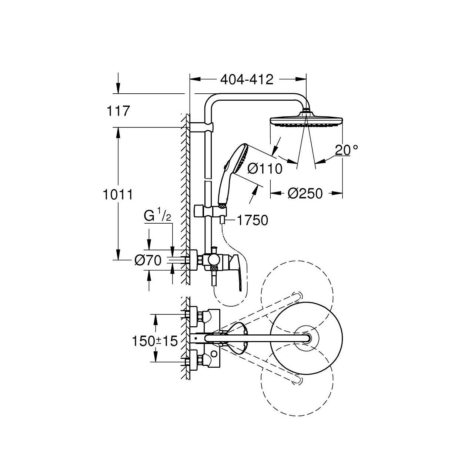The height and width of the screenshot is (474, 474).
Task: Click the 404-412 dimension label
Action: pyautogui.click(x=247, y=80)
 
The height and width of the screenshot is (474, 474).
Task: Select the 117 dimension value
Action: pyautogui.click(x=118, y=111)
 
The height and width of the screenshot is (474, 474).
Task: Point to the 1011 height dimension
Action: pyautogui.click(x=118, y=195)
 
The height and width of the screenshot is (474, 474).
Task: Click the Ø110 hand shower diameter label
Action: pyautogui.click(x=265, y=169)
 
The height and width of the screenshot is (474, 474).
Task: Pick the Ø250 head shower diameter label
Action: pyautogui.click(x=305, y=194)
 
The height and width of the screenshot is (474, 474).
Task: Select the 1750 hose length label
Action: pyautogui.click(x=253, y=220)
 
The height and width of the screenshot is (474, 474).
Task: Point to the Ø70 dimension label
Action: pyautogui.click(x=148, y=260)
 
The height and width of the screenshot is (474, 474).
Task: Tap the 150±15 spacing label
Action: pyautogui.click(x=155, y=341)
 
